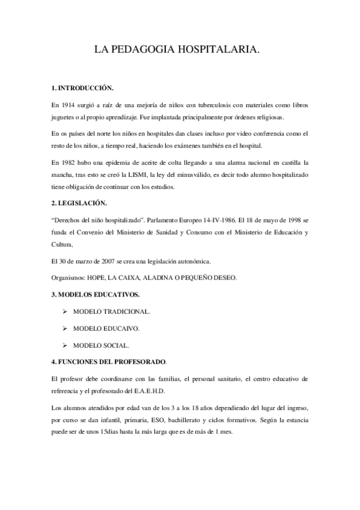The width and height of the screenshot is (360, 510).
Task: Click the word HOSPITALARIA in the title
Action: pyautogui.click(x=218, y=52)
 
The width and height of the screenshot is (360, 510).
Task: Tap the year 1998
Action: pyautogui.click(x=288, y=221)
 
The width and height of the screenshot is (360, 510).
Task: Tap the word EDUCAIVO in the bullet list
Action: pyautogui.click(x=123, y=329)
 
